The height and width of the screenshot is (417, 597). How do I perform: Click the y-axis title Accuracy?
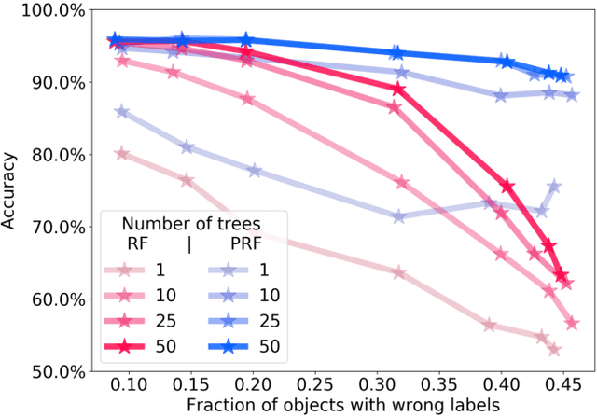(x=13, y=190)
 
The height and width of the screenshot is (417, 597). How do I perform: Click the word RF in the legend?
(x=139, y=245)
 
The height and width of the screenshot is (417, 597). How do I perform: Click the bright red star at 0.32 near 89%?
(x=399, y=90)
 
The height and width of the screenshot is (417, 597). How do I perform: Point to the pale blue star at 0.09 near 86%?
(x=120, y=112)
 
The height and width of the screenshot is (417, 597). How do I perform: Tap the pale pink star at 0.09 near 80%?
(x=120, y=154)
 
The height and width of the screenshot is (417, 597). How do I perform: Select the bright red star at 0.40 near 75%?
(x=507, y=187)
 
